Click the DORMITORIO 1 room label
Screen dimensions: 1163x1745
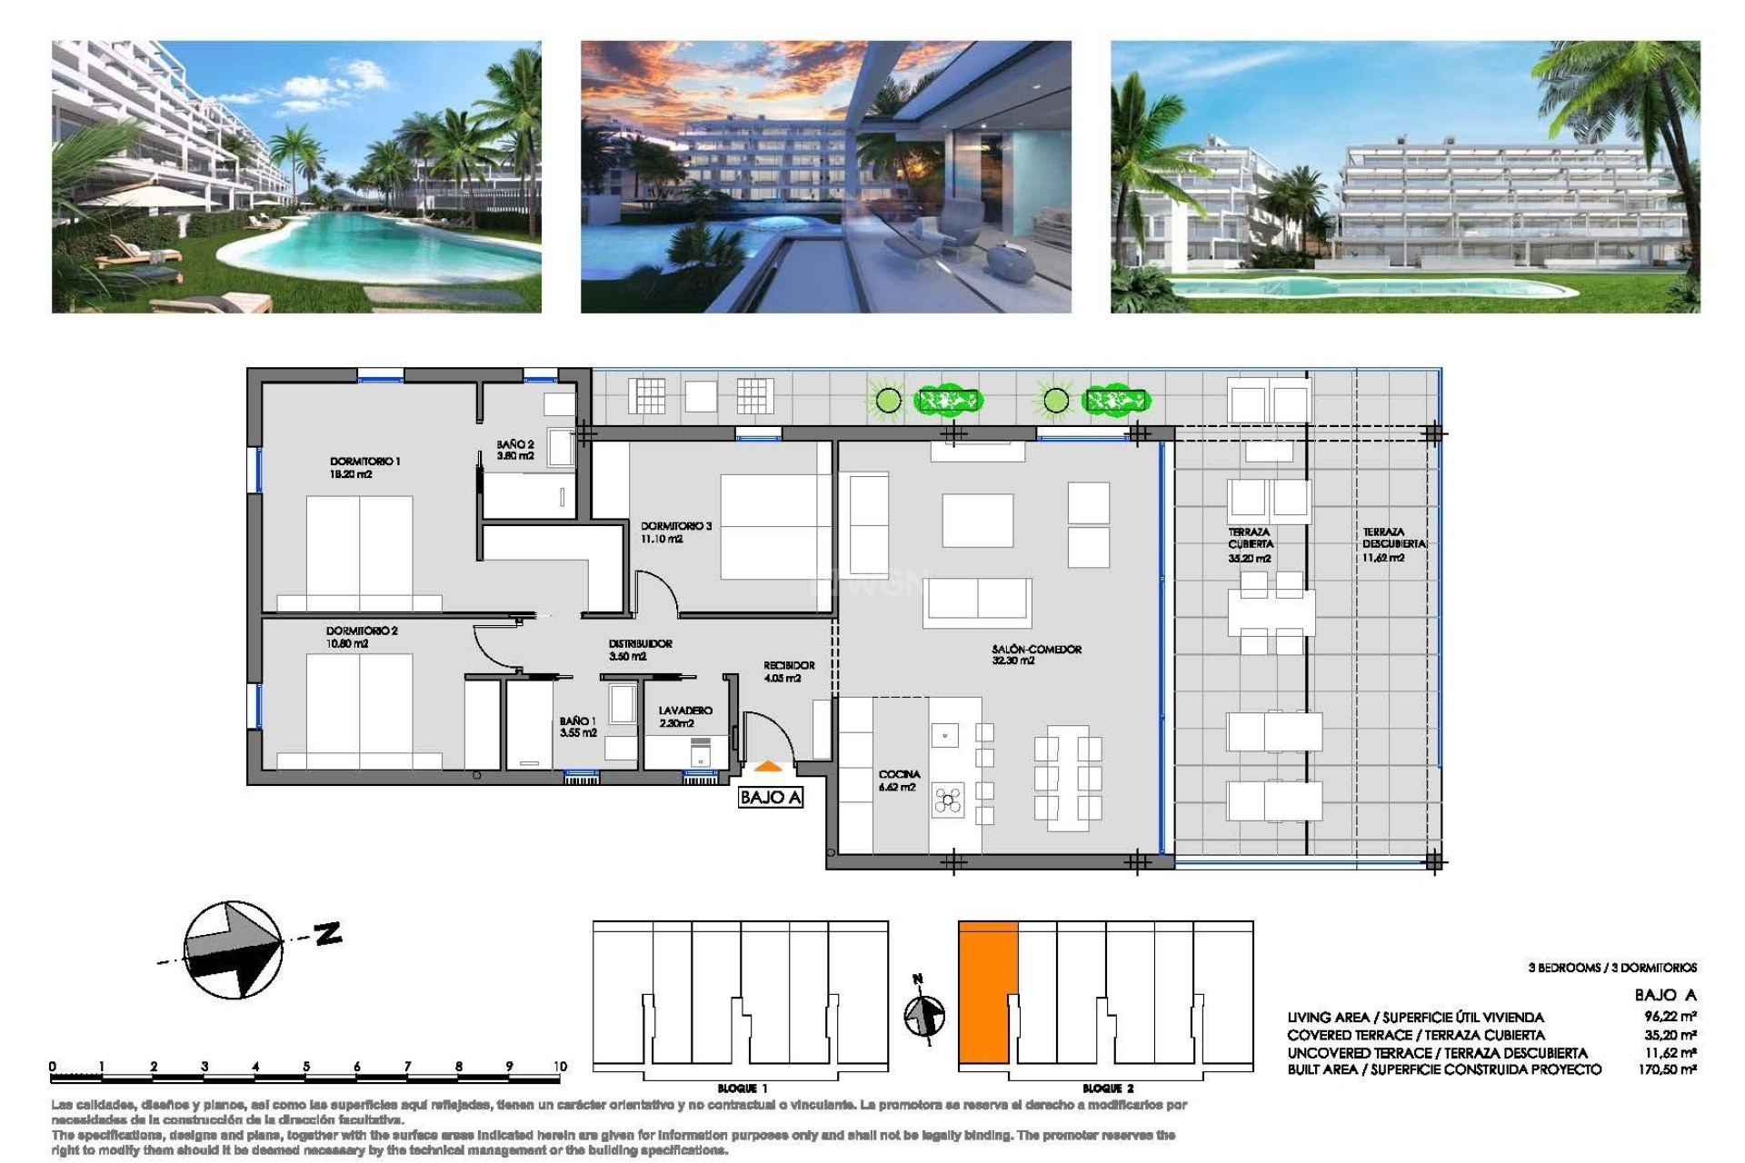tap(364, 467)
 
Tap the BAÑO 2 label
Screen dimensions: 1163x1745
tap(514, 450)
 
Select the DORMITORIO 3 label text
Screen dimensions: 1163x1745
tap(675, 532)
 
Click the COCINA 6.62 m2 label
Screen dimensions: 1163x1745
tap(898, 780)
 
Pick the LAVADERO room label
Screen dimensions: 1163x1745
tap(685, 716)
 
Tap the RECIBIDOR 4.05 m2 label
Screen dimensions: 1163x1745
tap(788, 671)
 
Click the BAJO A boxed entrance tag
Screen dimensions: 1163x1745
tap(770, 797)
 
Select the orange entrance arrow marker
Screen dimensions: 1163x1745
tap(769, 768)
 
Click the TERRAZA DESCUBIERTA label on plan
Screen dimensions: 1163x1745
tap(1393, 543)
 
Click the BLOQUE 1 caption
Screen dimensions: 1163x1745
tap(742, 1088)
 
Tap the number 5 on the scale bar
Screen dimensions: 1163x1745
tap(306, 1066)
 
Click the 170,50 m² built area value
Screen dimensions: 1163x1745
tap(1670, 1069)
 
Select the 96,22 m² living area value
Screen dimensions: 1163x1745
tap(1670, 1017)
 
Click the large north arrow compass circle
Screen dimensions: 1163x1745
tap(233, 949)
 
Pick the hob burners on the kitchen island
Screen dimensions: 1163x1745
tap(948, 800)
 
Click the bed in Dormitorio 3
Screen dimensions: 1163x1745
tap(775, 526)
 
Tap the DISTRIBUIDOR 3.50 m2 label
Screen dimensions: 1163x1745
tap(640, 649)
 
